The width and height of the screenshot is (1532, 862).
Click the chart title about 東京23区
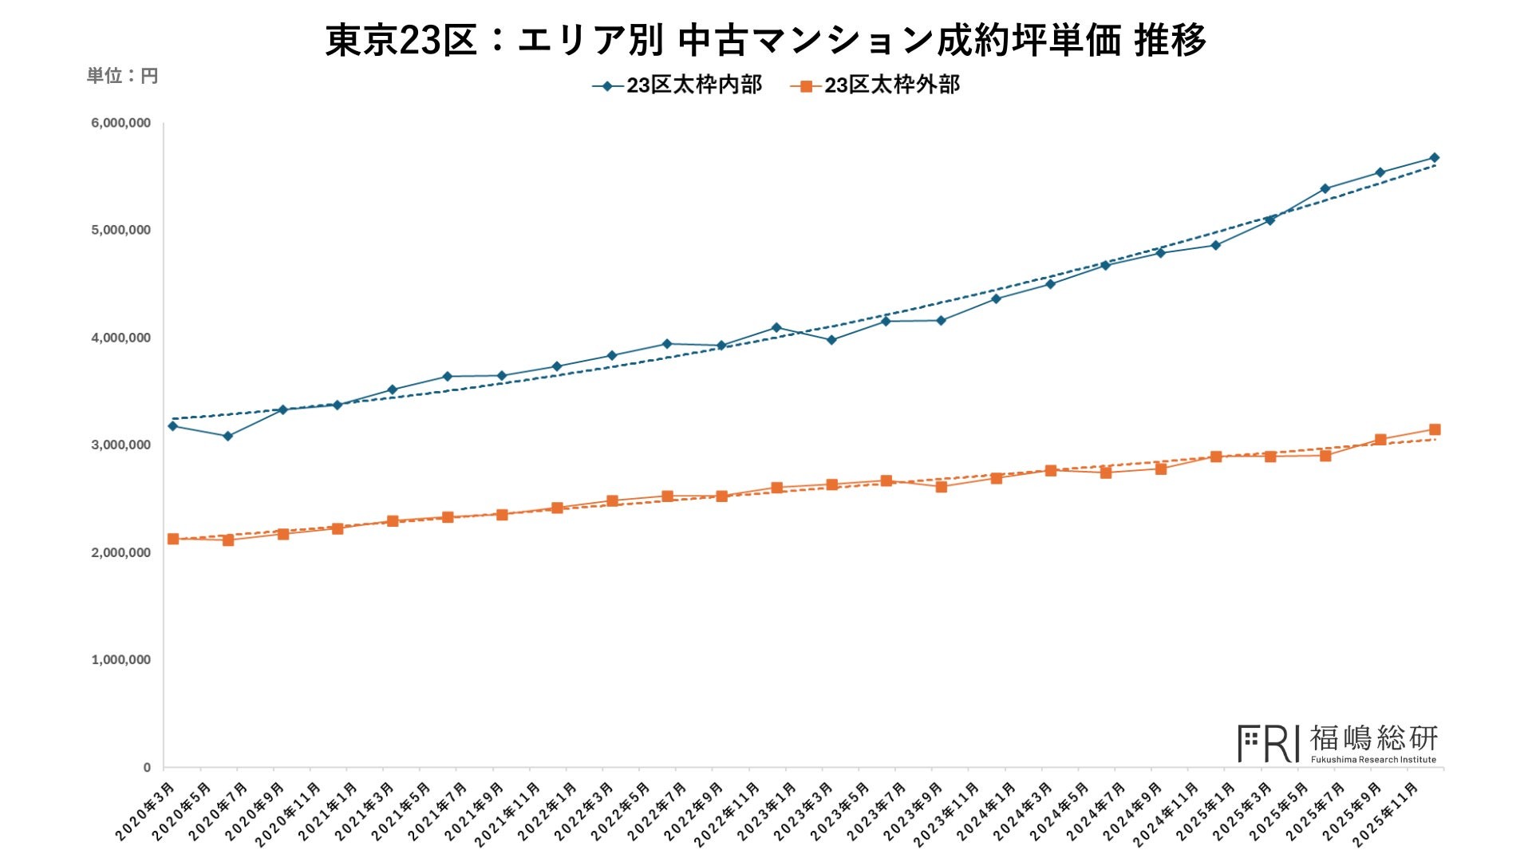[765, 39]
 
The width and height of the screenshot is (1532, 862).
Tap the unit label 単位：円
[122, 76]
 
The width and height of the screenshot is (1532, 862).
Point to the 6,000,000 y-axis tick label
[120, 123]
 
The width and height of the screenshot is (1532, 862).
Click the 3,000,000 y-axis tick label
[120, 445]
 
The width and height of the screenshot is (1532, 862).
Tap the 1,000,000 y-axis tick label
[120, 660]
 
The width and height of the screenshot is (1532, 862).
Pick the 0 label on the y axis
[147, 768]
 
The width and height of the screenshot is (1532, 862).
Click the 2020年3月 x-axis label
[146, 811]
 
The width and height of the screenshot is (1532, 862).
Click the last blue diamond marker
[1434, 158]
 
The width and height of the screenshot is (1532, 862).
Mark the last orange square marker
[1434, 429]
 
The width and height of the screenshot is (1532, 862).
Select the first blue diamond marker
[173, 426]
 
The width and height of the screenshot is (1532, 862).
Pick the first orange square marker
[173, 539]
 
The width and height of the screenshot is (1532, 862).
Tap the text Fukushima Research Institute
[1373, 760]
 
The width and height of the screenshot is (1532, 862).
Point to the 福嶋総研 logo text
[1373, 738]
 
